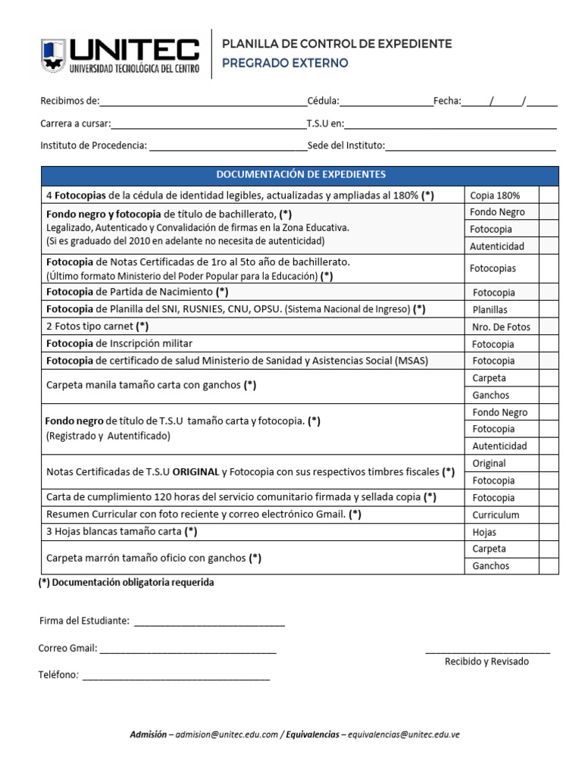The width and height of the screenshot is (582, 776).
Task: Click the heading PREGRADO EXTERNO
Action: click(285, 63)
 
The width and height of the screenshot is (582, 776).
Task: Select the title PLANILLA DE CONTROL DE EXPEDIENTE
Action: click(336, 44)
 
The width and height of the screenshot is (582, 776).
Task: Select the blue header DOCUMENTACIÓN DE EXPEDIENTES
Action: click(300, 175)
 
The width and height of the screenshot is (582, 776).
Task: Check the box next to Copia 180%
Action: click(549, 195)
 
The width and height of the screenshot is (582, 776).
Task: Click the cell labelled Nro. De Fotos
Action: click(501, 327)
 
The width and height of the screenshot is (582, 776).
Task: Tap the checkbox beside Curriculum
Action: click(549, 515)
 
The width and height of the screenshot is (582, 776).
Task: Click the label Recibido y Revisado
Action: click(487, 662)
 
